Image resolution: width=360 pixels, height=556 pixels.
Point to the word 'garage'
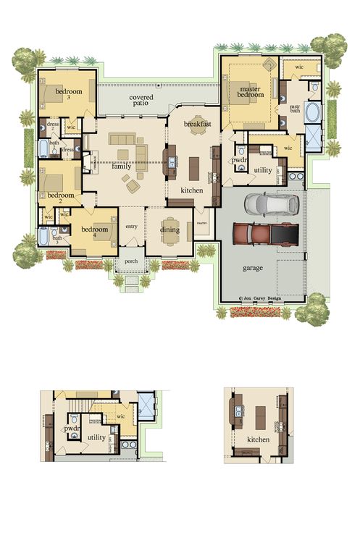[253, 268]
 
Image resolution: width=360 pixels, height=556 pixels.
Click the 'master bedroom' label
[249, 92]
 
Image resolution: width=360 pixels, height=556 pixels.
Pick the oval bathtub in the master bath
[314, 113]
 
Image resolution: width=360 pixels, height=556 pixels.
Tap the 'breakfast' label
[197, 125]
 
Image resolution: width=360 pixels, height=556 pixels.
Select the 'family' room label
[122, 167]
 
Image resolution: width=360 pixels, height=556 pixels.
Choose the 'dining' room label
[169, 230]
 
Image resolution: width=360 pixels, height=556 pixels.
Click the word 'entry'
[131, 227]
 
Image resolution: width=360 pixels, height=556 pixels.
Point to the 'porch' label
[131, 261]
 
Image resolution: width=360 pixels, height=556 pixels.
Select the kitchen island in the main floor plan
[193, 168]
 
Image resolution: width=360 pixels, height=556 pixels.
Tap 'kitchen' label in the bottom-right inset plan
[259, 439]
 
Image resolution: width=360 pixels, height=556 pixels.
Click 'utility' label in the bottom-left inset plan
[96, 437]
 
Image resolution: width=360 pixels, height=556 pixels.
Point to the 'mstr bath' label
[294, 108]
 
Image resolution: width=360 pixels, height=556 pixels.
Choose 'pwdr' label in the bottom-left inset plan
[72, 429]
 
